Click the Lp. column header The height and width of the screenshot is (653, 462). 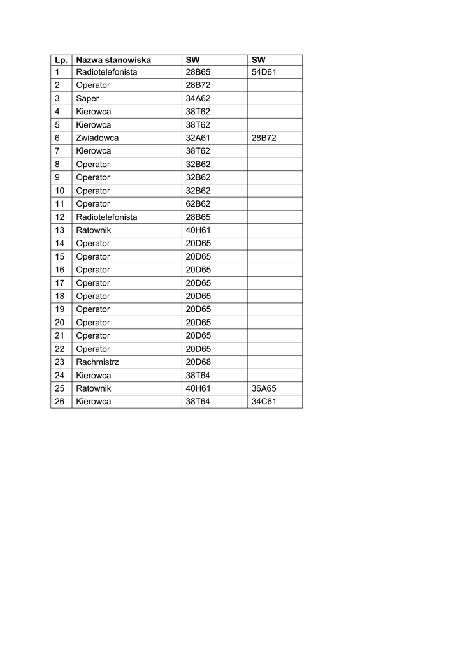pos(61,60)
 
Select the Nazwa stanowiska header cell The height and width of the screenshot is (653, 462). pos(113,60)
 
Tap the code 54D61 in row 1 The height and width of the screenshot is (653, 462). pos(264,72)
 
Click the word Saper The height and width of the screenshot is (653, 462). pos(87,99)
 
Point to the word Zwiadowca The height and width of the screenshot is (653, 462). pos(97,138)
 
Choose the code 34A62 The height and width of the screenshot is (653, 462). pos(198,99)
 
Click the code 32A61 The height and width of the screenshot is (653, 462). pos(198,138)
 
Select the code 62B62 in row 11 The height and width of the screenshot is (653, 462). pos(198,204)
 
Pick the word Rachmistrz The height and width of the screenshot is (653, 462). pos(97,362)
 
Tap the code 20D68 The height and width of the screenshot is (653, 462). pos(198,362)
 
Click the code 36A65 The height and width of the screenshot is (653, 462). pos(264,388)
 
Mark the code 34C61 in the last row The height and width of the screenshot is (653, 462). pos(264,402)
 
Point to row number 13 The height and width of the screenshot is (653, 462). pos(60,230)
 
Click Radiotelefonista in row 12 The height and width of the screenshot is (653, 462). pos(106,217)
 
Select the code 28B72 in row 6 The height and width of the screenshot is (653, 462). pos(264,138)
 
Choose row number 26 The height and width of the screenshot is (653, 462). pos(60,402)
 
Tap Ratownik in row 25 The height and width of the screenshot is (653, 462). pos(93,388)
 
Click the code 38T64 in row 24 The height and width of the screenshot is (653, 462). pos(198,376)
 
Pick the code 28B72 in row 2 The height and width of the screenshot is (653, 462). pos(198,85)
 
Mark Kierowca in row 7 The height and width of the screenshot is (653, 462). pos(93,151)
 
